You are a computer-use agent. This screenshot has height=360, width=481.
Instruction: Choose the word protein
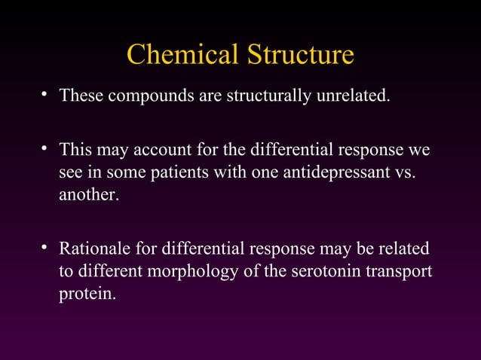click(x=87, y=294)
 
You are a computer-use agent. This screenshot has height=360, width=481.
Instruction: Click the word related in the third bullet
click(x=407, y=248)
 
